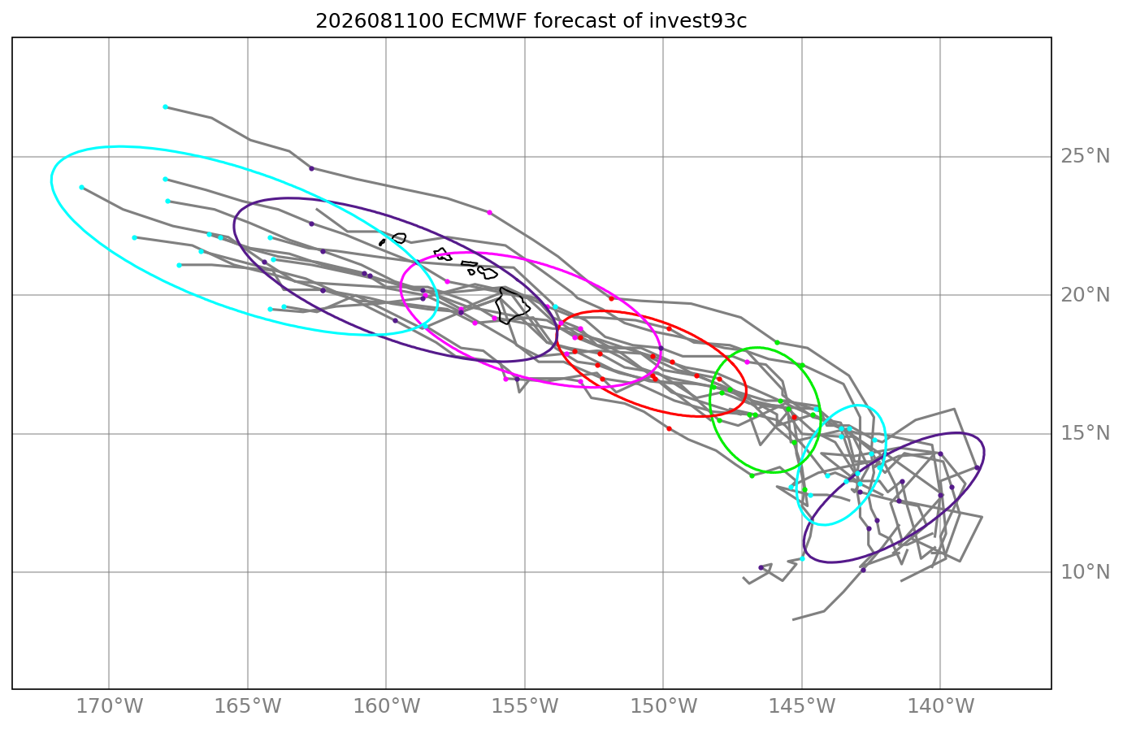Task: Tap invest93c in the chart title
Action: pyautogui.click(x=698, y=22)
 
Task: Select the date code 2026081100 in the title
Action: pyautogui.click(x=379, y=22)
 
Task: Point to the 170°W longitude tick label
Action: pyautogui.click(x=109, y=707)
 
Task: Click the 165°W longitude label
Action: pyautogui.click(x=248, y=707)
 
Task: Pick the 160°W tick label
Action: pyautogui.click(x=387, y=707)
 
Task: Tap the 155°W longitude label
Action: pyautogui.click(x=525, y=707)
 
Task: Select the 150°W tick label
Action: pyautogui.click(x=663, y=707)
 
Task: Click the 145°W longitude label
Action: pyautogui.click(x=802, y=707)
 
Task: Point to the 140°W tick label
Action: pyautogui.click(x=940, y=707)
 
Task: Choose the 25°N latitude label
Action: pyautogui.click(x=1085, y=156)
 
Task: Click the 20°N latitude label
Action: pyautogui.click(x=1085, y=295)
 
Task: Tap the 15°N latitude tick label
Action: pyautogui.click(x=1085, y=434)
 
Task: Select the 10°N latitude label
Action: pyautogui.click(x=1085, y=572)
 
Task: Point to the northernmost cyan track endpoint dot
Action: pyautogui.click(x=166, y=106)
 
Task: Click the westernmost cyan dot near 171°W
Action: pyautogui.click(x=82, y=188)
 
